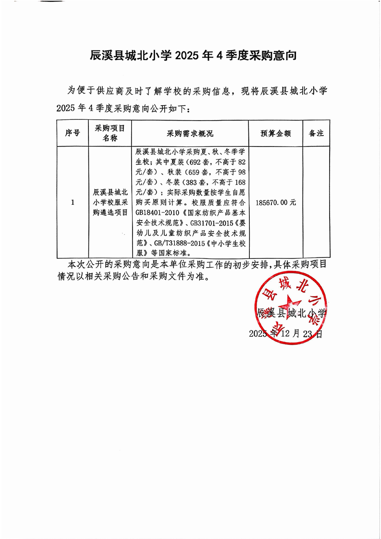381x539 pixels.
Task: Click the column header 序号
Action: (72, 133)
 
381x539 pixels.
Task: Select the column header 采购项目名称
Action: (110, 133)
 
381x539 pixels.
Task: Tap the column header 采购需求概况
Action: (190, 133)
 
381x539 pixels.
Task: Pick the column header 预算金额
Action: (275, 133)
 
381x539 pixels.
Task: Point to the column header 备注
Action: (316, 133)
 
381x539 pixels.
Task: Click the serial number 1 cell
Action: (72, 202)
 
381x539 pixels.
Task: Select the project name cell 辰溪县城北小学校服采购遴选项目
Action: (110, 202)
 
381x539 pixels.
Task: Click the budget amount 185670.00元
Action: (276, 202)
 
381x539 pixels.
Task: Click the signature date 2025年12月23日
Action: (286, 333)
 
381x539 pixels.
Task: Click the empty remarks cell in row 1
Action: (316, 202)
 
